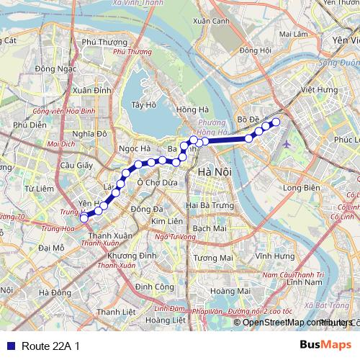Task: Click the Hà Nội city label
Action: coord(213,173)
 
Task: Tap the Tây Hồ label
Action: coord(144,105)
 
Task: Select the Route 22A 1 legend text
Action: coord(50,346)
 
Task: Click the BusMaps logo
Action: coord(326,346)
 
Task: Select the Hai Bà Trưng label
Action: coord(208,205)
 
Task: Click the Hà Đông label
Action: coord(55,292)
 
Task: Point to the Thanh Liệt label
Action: coord(116,312)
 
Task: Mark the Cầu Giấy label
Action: coord(73,165)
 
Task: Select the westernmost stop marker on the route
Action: coord(84,217)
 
